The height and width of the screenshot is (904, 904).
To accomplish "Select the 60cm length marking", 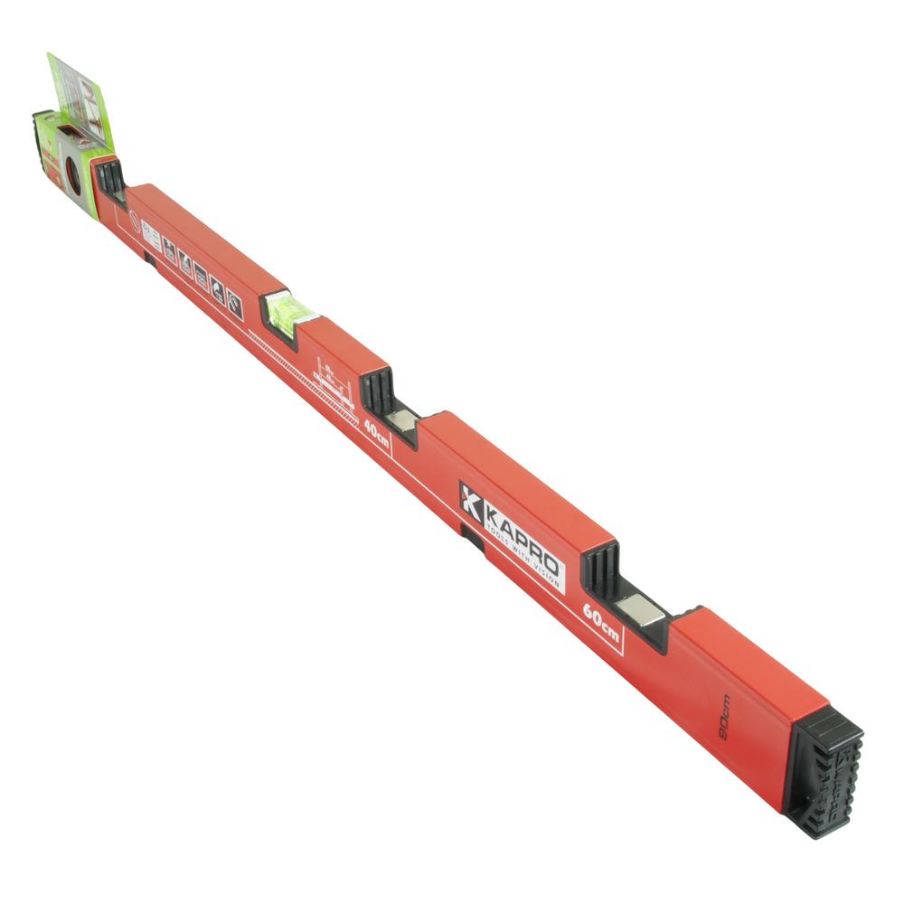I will [600, 622].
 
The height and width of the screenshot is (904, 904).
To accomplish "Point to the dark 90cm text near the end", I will [724, 718].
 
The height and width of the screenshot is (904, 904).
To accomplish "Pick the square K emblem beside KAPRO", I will [471, 501].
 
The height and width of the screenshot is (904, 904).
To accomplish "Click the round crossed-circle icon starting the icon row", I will [134, 221].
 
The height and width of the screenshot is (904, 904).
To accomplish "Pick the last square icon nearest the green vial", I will [234, 306].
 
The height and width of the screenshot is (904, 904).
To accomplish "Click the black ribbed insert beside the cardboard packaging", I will [109, 177].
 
